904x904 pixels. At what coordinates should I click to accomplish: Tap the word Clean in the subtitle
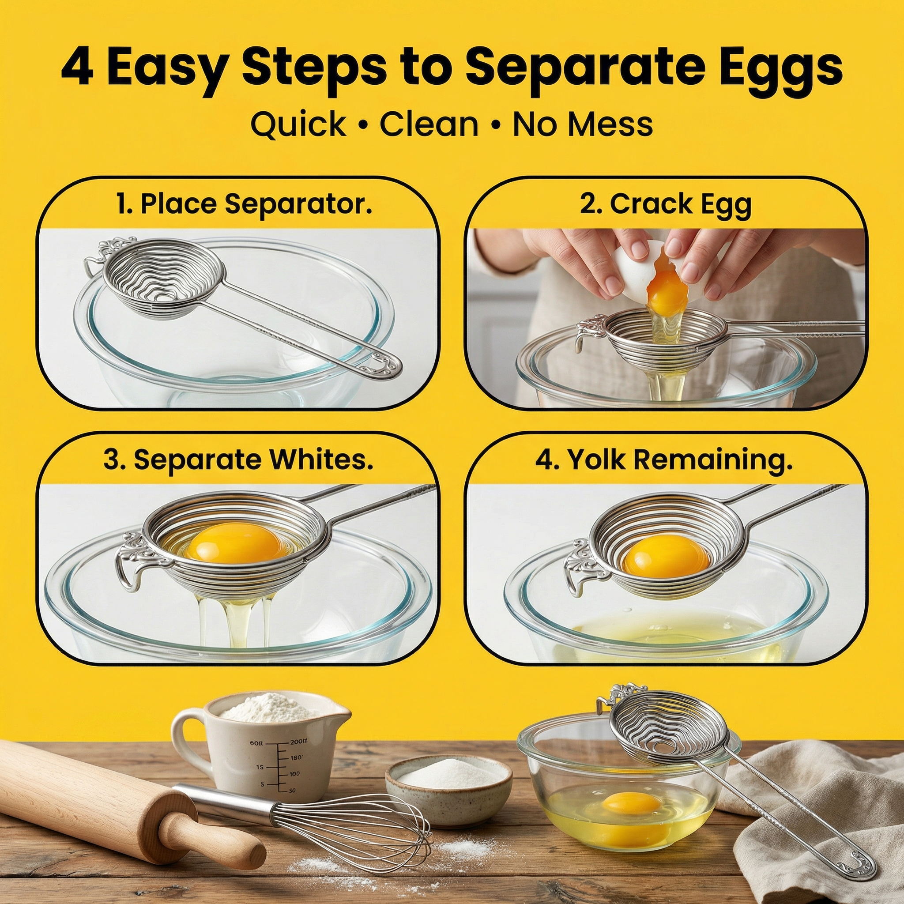pos(429,124)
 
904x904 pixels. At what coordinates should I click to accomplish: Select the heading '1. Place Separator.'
pos(244,204)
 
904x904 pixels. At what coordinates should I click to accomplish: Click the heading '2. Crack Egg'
pos(666,204)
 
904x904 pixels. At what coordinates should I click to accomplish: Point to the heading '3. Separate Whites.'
pos(238,460)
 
